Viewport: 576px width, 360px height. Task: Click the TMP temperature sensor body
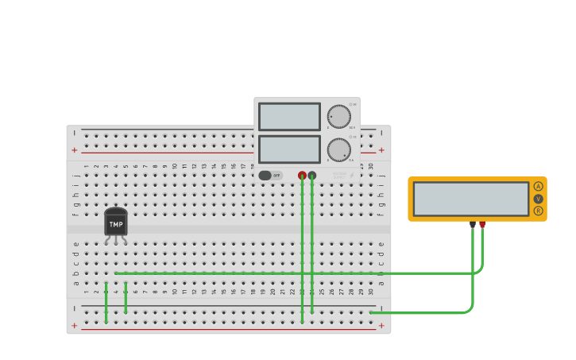(x=116, y=223)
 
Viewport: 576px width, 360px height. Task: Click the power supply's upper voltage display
(x=289, y=117)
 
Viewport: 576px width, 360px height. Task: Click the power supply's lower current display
(x=289, y=149)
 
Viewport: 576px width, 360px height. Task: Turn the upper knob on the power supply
(x=339, y=117)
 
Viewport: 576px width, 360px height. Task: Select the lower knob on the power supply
(x=339, y=149)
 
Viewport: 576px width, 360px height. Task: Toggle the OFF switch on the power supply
(x=269, y=175)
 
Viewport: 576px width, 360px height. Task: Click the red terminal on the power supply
(x=302, y=175)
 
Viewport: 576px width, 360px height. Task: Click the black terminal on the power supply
(x=312, y=175)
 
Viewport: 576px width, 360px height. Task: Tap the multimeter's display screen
(x=470, y=199)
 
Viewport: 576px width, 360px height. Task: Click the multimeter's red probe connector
(x=482, y=225)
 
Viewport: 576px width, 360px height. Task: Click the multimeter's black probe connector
(x=473, y=225)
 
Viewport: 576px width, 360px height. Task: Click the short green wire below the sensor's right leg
(x=126, y=298)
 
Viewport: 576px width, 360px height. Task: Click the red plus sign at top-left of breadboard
(x=75, y=150)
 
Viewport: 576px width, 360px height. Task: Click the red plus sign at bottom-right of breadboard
(x=381, y=325)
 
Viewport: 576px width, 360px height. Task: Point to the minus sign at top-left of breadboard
(x=75, y=133)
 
